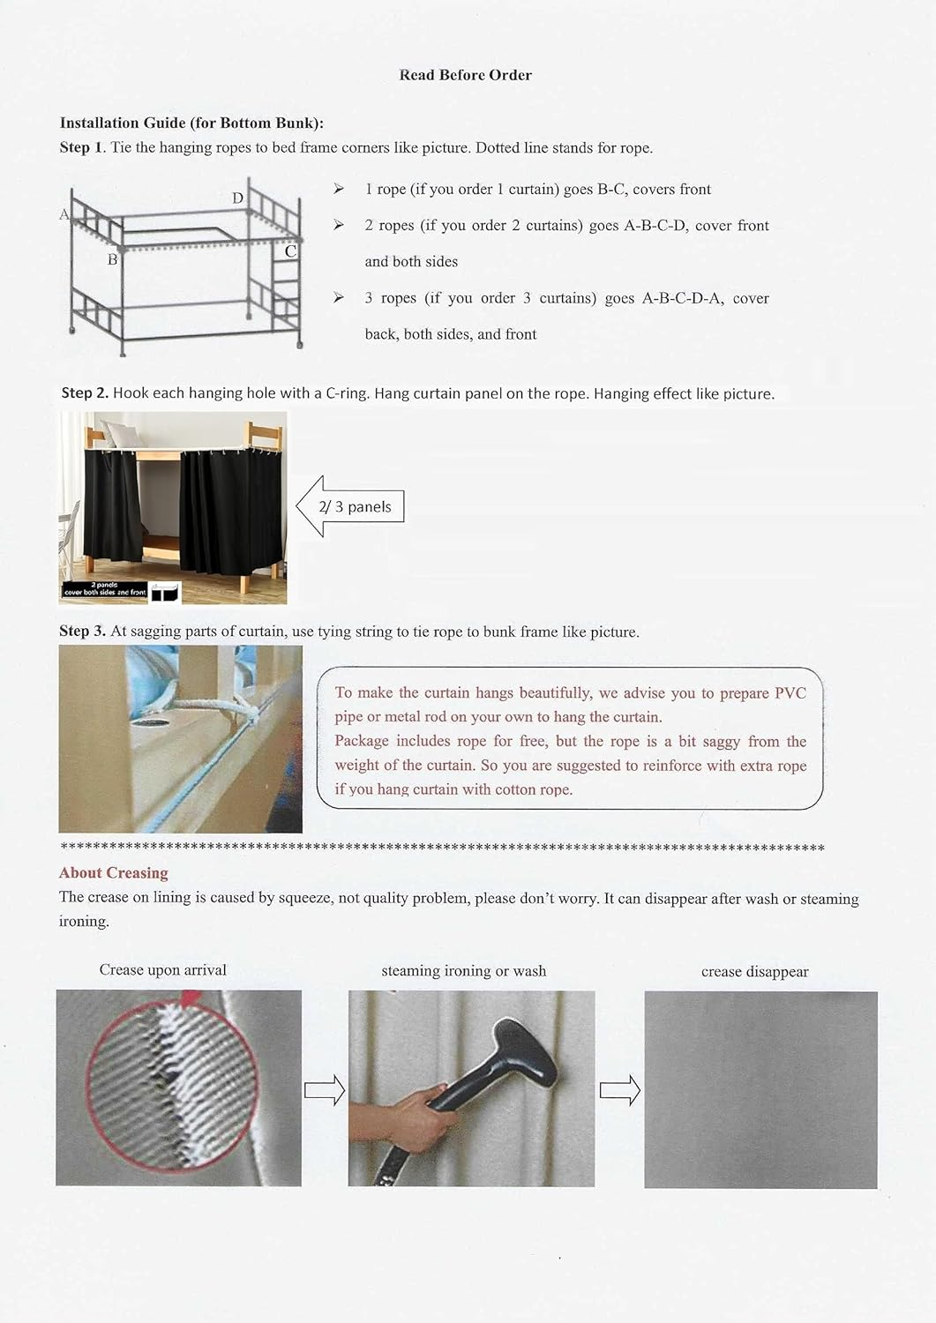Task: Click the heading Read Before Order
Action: pos(465,75)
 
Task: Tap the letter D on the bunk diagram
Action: pos(237,198)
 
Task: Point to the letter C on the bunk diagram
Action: pos(290,251)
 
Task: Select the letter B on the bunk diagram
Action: pos(112,259)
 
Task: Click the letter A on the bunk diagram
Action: pos(64,214)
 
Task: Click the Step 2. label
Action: pos(85,392)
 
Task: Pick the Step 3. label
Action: pos(83,632)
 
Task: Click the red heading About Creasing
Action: pos(113,873)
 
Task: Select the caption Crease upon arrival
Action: pos(162,970)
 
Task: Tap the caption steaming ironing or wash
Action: pos(463,971)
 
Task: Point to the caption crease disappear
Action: pos(754,972)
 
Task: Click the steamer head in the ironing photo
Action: pos(521,1049)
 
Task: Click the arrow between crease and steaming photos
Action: pos(324,1091)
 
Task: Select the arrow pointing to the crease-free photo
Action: pos(619,1091)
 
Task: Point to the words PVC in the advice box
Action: pos(790,693)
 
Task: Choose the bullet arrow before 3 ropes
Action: pos(339,298)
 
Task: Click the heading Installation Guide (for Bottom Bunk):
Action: pos(191,123)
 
